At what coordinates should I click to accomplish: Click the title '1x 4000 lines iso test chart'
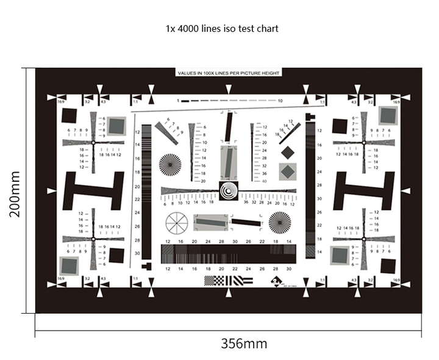point(223,29)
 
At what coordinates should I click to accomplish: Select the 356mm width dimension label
point(243,344)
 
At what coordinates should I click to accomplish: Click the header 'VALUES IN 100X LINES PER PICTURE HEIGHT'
point(228,73)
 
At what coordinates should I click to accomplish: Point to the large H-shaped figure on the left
point(94,190)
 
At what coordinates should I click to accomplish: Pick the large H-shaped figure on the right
point(363,190)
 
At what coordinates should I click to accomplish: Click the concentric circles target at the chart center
point(229,191)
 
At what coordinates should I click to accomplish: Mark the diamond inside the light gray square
point(287,171)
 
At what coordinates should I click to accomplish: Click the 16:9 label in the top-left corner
point(61,103)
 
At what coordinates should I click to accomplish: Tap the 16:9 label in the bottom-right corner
point(396,279)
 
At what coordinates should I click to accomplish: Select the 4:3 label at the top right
point(354,103)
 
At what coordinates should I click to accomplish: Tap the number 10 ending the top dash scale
point(280,100)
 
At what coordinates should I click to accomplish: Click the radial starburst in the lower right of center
point(279,223)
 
